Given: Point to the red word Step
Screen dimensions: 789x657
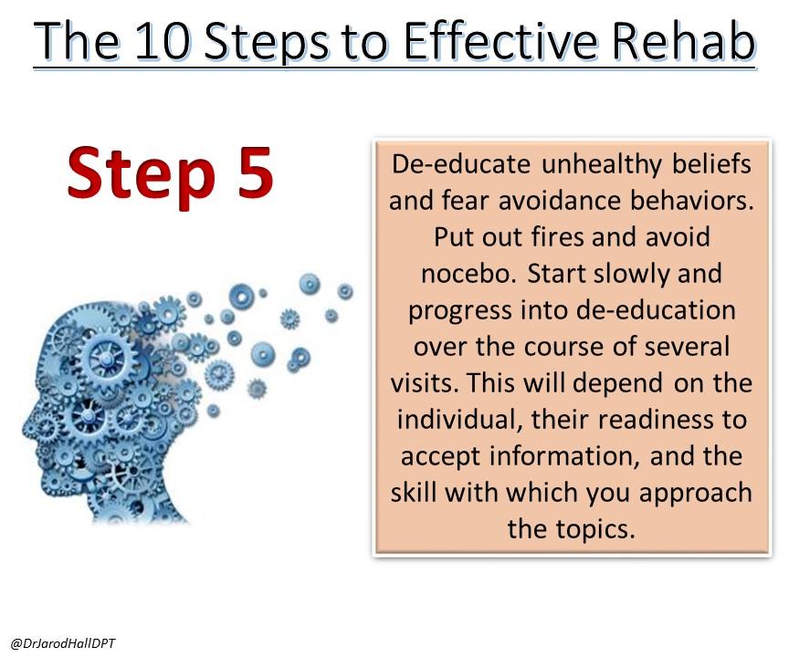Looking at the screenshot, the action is coord(142,177).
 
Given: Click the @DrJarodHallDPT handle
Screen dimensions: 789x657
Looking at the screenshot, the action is coord(63,643).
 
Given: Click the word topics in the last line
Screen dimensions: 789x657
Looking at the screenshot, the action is coord(595,530).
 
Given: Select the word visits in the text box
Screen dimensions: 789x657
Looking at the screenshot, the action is coord(425,383).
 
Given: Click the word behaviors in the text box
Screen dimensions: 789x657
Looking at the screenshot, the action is coord(692,201).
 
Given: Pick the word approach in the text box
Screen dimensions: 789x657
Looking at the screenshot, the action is coord(696,494).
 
